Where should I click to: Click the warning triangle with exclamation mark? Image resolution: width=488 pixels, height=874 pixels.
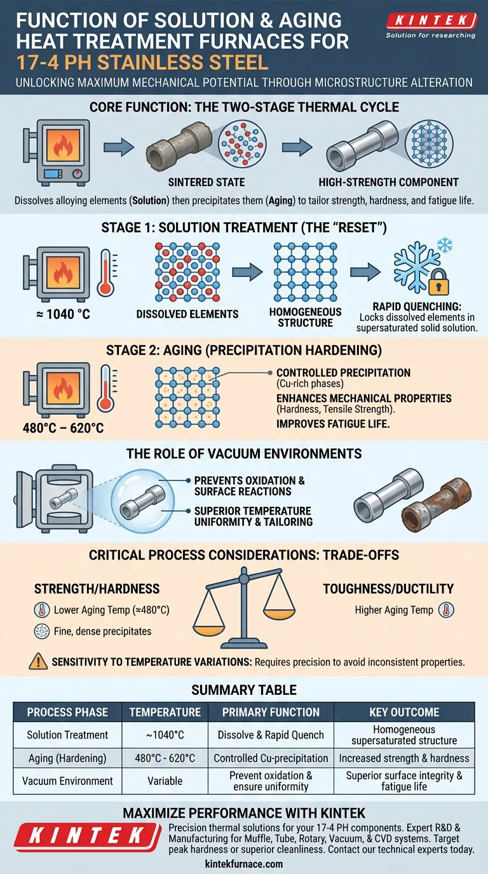click(x=38, y=661)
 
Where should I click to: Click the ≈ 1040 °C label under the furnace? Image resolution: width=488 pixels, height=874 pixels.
click(x=63, y=314)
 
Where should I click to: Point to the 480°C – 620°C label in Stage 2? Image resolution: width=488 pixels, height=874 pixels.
click(x=64, y=428)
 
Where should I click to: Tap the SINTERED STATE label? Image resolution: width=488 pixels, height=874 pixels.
click(x=207, y=182)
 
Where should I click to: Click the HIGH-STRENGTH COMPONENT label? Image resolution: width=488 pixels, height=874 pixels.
click(x=388, y=182)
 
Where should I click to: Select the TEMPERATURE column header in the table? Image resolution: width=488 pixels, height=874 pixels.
click(x=165, y=712)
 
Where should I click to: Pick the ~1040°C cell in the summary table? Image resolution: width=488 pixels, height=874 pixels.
click(x=165, y=735)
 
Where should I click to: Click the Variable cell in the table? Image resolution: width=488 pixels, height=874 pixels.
click(x=165, y=781)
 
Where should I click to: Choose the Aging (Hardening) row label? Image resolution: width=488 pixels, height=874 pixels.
click(x=67, y=758)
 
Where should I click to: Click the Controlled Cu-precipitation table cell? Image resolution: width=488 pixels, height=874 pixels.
click(x=271, y=758)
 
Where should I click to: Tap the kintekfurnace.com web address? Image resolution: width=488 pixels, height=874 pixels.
click(x=244, y=864)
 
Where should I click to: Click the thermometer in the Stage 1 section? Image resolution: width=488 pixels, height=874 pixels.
click(x=107, y=272)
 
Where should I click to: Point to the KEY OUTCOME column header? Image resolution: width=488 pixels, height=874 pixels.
click(x=405, y=712)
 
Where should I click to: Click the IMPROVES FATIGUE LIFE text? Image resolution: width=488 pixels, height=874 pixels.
click(x=333, y=424)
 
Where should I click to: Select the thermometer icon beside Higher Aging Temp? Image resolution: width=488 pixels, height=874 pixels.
click(x=446, y=610)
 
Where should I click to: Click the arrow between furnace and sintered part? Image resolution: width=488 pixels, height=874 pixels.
click(x=119, y=147)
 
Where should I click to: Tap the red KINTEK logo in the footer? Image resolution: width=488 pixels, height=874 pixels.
click(x=88, y=837)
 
